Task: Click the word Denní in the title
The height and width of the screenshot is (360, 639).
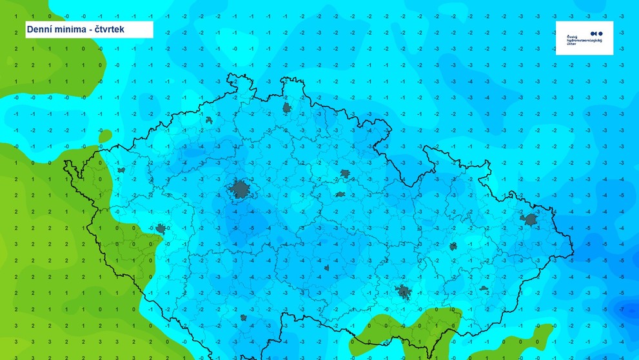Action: pos(43,29)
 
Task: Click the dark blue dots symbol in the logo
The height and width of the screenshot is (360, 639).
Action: pos(596,33)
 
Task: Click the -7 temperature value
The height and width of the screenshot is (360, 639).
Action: pos(621,310)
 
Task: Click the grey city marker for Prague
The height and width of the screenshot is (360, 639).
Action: pos(241,189)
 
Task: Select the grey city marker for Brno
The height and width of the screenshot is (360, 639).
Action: pos(404,292)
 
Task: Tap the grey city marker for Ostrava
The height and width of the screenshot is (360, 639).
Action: pos(531,219)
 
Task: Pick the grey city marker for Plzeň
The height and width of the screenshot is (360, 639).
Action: pos(160,228)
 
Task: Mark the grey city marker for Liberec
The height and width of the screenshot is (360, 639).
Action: pos(286,107)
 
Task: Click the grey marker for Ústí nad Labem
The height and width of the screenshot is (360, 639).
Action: pos(209,120)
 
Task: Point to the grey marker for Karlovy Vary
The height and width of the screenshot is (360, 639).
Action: pos(121,170)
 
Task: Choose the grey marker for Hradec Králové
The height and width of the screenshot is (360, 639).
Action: pos(345,174)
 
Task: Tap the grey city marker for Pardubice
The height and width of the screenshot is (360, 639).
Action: pos(340,194)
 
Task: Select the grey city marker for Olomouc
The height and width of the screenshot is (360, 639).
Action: pos(453,246)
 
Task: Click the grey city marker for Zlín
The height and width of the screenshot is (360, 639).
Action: pos(484,288)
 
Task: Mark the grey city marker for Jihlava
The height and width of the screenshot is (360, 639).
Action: pos(326,267)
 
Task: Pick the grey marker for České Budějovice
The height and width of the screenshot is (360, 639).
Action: pos(243,317)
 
